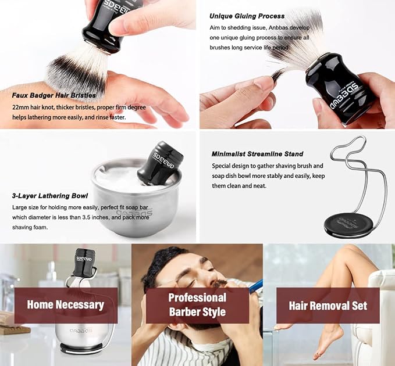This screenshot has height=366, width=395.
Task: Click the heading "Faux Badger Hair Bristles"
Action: [54, 95]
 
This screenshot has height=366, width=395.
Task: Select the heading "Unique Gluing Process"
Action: [247, 16]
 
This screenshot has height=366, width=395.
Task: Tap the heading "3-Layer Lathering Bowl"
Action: [50, 196]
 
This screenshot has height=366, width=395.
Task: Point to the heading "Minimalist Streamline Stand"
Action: [257, 154]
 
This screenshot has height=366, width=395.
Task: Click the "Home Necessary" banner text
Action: [66, 304]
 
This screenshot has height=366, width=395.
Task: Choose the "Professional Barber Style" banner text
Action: [198, 304]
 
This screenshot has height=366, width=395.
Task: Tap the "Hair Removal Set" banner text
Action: [328, 306]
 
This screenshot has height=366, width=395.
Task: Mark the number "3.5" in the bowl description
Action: [86, 217]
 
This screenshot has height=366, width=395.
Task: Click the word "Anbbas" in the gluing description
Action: [278, 28]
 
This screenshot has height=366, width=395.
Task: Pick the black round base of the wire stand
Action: [344, 225]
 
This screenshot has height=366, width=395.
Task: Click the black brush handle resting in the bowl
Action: [160, 163]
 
